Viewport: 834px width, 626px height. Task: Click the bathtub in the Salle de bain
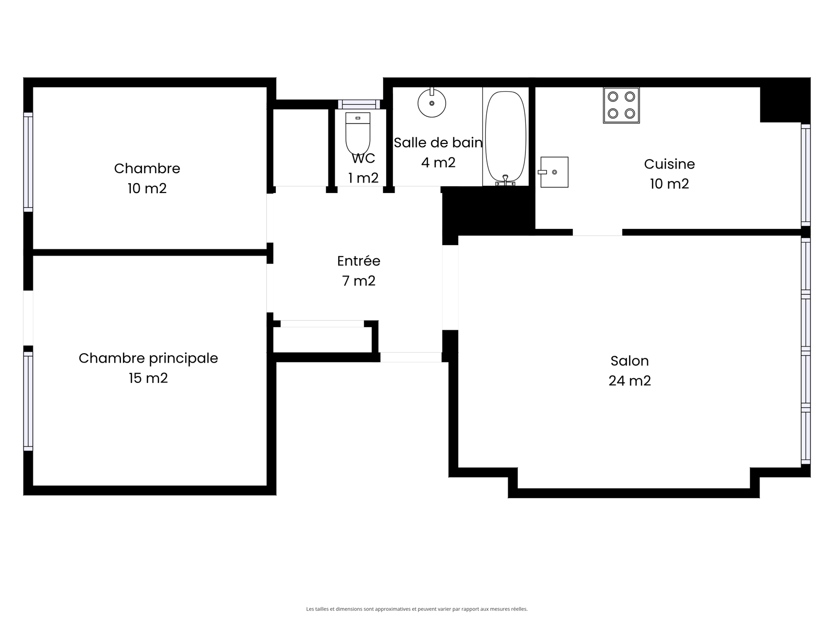pos(505,137)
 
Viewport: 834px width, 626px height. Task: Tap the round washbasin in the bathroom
pos(432,103)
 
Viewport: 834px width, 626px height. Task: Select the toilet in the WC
pos(358,134)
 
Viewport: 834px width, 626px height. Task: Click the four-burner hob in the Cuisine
pos(621,105)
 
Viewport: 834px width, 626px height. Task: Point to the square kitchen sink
pos(554,172)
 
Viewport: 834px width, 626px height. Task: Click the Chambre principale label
pos(148,358)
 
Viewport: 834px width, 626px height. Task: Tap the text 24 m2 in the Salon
pos(630,380)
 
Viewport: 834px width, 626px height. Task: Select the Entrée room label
pos(359,261)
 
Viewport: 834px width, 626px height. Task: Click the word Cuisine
pos(669,164)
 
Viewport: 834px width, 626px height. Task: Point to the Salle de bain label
pos(438,143)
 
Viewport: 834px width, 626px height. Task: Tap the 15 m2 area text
pos(148,378)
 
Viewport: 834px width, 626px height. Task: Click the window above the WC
pos(359,104)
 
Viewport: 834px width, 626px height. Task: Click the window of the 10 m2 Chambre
pos(28,162)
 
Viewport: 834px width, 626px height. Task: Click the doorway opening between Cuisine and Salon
pos(597,232)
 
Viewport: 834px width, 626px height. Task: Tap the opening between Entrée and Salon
pos(450,287)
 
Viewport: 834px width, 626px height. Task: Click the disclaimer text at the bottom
pos(417,608)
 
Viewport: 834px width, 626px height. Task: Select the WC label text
pos(364,159)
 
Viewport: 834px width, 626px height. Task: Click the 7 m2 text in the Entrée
pos(359,281)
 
